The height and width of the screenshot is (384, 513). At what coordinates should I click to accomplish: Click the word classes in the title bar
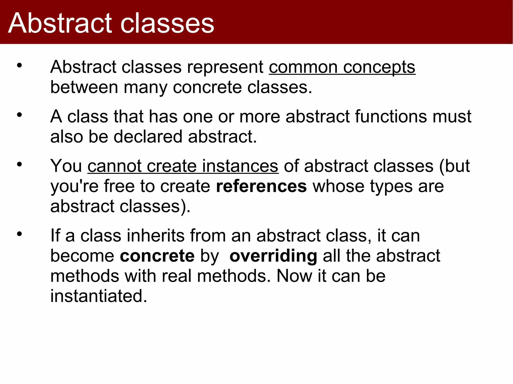tap(167, 23)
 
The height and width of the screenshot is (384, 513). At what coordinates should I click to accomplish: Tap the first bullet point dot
tap(19, 66)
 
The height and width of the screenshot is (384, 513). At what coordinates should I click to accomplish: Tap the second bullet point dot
tap(19, 115)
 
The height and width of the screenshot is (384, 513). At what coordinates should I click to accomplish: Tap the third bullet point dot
tap(19, 164)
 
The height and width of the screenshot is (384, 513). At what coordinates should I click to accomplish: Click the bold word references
tap(261, 186)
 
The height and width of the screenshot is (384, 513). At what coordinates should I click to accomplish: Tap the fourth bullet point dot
tap(19, 234)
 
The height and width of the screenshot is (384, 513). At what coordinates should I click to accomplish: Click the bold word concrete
tap(157, 256)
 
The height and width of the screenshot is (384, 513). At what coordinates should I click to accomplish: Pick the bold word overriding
tap(273, 256)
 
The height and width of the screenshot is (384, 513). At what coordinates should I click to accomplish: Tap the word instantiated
tap(98, 296)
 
